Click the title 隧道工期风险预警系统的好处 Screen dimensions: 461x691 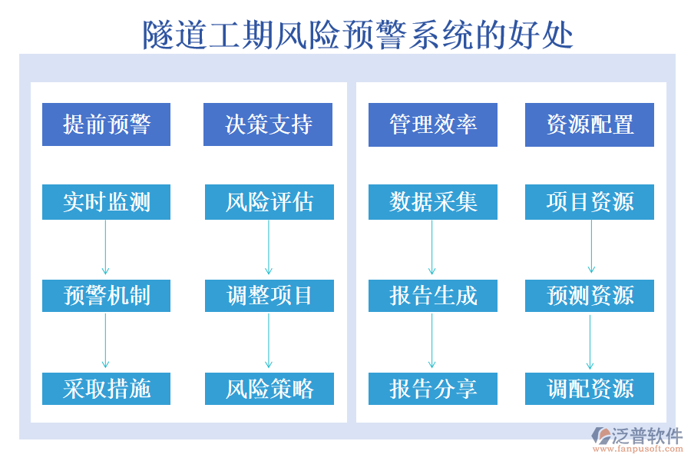click(358, 35)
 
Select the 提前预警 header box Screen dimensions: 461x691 click(106, 124)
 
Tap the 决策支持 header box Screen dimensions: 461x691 click(268, 124)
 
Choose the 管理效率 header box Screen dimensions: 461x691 click(433, 124)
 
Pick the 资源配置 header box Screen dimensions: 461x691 click(590, 124)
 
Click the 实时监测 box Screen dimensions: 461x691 click(106, 202)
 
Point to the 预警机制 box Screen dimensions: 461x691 click(106, 296)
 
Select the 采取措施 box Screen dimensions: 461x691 click(106, 389)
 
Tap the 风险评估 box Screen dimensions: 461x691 click(269, 202)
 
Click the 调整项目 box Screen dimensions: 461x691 click(269, 296)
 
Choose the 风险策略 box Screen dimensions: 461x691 click(269, 389)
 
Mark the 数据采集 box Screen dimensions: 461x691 click(433, 202)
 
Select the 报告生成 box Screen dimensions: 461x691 click(433, 296)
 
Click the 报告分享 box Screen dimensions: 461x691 click(433, 389)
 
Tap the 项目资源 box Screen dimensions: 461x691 click(590, 202)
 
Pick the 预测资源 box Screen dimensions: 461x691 click(590, 296)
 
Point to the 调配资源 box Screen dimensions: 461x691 click(590, 389)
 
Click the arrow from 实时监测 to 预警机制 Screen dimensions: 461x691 click(106, 247)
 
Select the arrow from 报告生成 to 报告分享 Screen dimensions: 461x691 click(432, 340)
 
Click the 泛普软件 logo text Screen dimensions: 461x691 click(646, 436)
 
